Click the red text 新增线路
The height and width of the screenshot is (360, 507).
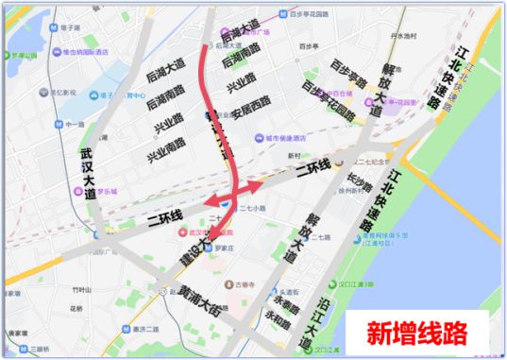416,333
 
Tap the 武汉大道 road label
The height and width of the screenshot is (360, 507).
89,171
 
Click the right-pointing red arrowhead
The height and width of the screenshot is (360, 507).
256,186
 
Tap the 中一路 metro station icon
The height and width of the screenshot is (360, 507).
59,123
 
